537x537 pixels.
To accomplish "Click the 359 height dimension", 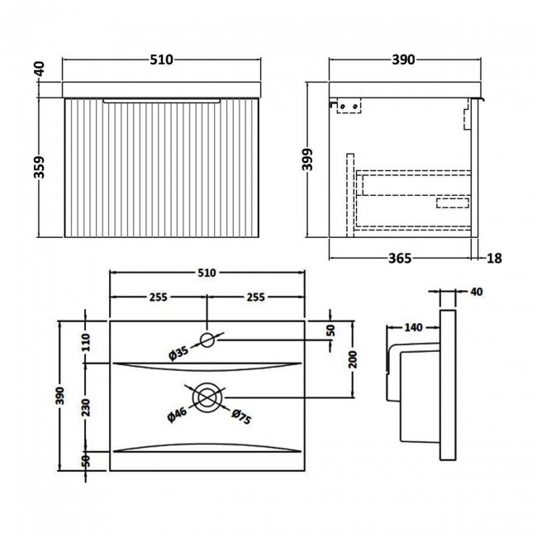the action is (x=40, y=167).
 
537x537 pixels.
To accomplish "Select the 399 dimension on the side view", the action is (x=307, y=159).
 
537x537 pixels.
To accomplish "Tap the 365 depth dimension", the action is (x=400, y=258).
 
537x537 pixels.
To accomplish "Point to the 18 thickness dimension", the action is (x=494, y=258).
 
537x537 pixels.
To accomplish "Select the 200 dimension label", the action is (x=353, y=359).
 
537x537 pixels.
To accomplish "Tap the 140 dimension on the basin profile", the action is (x=413, y=328).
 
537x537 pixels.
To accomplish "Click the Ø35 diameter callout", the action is (x=178, y=353).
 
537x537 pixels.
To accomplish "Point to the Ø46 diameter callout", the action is (x=177, y=415).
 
